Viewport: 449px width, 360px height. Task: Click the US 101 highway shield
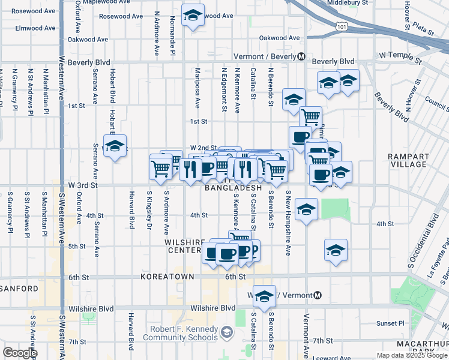[342, 27]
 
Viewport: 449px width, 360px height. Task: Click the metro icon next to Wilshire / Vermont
[318, 296]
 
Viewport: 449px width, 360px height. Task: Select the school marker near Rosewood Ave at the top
[193, 16]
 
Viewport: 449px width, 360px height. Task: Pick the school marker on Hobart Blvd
[115, 146]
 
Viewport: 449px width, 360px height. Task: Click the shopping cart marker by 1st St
[310, 116]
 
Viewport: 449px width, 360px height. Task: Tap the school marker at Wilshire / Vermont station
[264, 296]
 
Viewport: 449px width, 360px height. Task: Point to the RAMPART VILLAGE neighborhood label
[408, 160]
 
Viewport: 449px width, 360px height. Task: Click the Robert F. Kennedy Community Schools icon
[227, 331]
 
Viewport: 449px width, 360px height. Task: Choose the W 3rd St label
[83, 186]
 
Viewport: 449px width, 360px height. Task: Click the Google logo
[20, 353]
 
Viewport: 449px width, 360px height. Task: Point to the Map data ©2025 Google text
[411, 355]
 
